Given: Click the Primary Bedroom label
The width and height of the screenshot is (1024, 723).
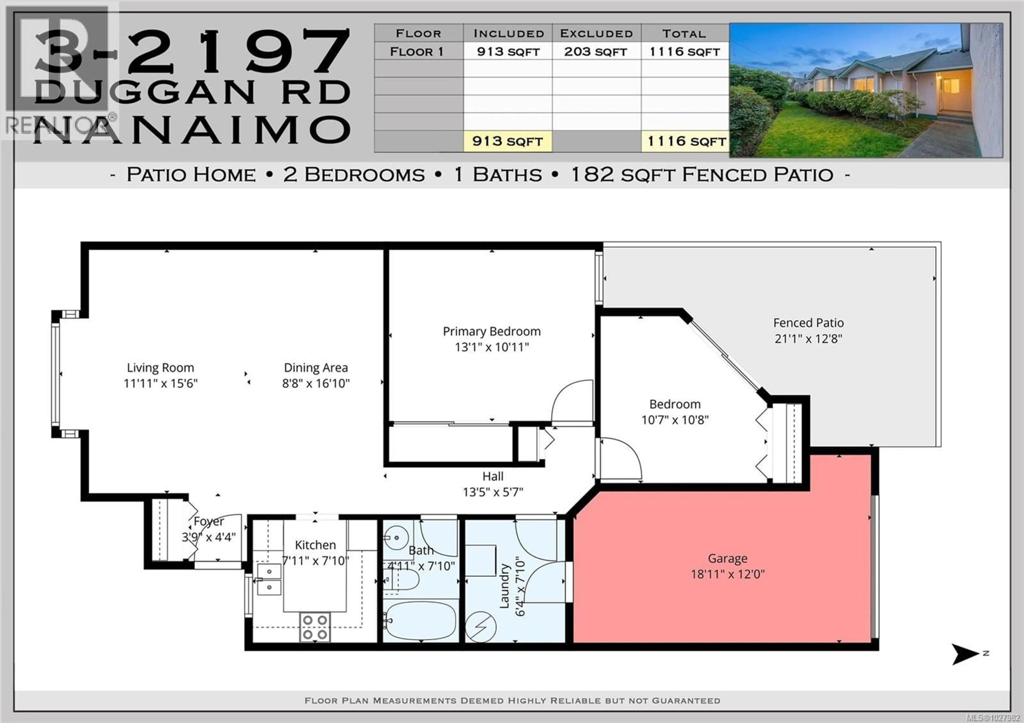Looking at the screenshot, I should click(491, 332).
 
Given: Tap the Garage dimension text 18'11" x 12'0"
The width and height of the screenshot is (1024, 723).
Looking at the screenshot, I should click(727, 574).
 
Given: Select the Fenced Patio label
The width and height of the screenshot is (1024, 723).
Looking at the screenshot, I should click(808, 323).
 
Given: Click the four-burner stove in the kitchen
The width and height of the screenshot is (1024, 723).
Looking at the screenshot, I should click(315, 627).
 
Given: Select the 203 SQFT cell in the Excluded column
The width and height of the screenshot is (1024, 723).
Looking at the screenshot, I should click(596, 52).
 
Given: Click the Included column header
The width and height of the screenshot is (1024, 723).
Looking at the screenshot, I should click(509, 33).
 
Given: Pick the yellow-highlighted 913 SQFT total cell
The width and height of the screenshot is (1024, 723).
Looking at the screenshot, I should click(507, 141).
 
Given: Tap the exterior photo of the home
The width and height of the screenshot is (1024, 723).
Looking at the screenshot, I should click(866, 90).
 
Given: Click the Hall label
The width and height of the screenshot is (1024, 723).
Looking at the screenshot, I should click(493, 476).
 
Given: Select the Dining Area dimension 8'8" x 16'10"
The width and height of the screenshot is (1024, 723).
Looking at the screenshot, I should click(316, 383).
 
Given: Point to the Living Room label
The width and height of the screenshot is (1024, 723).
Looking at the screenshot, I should click(161, 368).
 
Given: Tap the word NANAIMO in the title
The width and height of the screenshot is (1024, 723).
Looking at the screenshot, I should click(192, 130).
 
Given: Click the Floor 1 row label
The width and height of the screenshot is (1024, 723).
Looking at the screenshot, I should click(417, 52).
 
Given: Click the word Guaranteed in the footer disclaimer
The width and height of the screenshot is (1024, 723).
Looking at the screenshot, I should click(686, 701).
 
